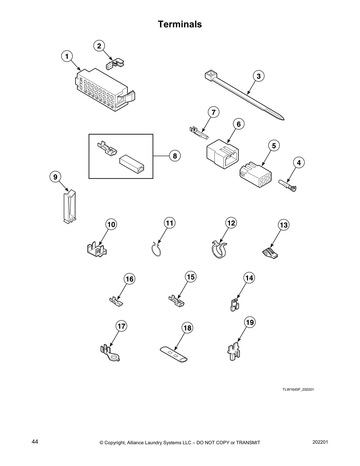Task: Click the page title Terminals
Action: [x=180, y=24]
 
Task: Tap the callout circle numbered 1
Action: [x=67, y=56]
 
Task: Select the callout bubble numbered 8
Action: [x=175, y=156]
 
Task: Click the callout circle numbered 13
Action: [x=284, y=225]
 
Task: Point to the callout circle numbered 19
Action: [x=250, y=323]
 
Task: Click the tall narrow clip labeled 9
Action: [x=69, y=206]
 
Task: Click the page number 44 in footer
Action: [x=35, y=442]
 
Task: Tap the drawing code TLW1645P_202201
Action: [x=298, y=390]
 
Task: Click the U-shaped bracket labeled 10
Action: [x=97, y=249]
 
